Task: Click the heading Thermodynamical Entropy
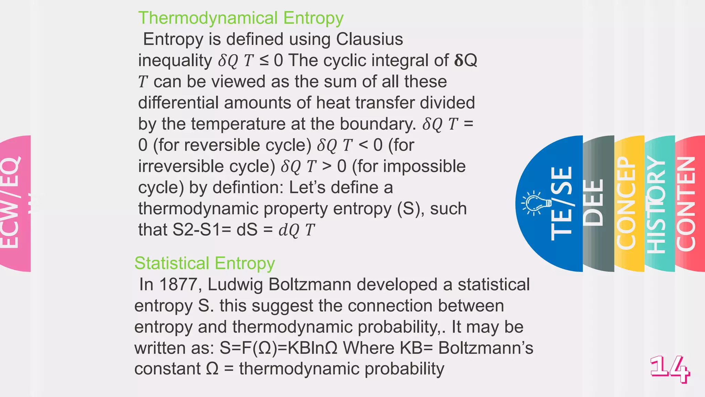pyautogui.click(x=241, y=18)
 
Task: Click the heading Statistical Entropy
pyautogui.click(x=204, y=263)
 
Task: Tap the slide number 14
pyautogui.click(x=670, y=369)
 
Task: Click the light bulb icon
pyautogui.click(x=536, y=203)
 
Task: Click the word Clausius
pyautogui.click(x=369, y=39)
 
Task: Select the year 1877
pyautogui.click(x=178, y=285)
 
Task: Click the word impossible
pyautogui.click(x=424, y=167)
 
